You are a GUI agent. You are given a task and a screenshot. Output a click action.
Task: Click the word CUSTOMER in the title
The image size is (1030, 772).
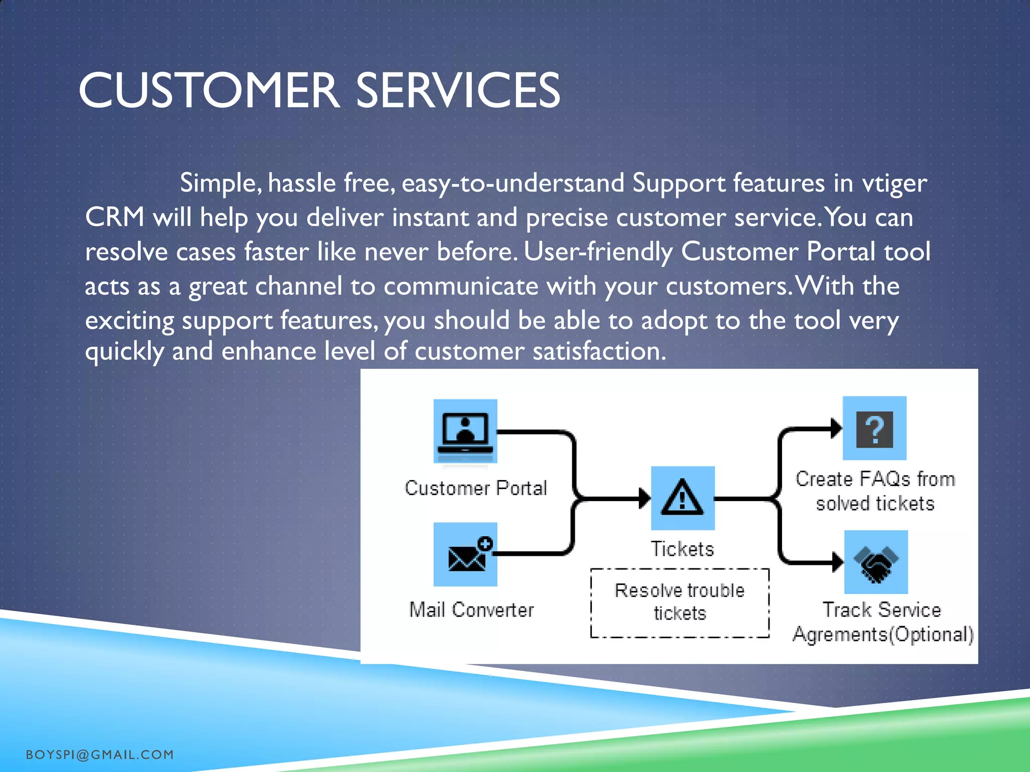[x=209, y=90]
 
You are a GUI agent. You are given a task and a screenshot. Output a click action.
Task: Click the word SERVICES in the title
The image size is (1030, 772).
[x=458, y=90]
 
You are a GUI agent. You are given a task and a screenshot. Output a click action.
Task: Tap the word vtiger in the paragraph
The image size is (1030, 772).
[x=894, y=183]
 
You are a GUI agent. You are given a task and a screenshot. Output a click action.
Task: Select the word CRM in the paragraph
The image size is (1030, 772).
[x=115, y=218]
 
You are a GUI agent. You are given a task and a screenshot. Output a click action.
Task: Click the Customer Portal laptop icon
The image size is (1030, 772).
[x=465, y=431]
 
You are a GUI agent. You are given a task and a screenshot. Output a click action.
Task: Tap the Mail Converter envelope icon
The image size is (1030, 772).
[x=465, y=554]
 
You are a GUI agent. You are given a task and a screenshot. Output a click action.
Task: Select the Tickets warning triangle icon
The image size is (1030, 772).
[x=682, y=498]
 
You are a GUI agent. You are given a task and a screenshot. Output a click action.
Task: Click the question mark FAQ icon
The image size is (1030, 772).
[x=875, y=428]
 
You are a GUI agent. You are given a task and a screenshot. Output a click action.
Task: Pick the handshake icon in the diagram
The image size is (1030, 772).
[x=876, y=562]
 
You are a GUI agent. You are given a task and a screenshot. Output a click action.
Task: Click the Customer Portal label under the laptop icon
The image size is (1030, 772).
[x=476, y=488]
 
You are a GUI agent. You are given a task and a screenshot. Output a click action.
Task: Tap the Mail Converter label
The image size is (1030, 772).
[x=471, y=610]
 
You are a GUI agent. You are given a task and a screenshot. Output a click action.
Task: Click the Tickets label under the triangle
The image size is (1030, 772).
[x=682, y=549]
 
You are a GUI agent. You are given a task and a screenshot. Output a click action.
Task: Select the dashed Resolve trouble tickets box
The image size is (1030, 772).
[x=679, y=603]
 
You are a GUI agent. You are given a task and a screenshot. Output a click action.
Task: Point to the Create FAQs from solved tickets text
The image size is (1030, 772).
[x=875, y=491]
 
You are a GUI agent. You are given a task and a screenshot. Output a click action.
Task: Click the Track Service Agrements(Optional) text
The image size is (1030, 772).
[x=883, y=622]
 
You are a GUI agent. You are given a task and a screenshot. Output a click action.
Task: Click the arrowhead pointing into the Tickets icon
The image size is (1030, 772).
[x=644, y=499]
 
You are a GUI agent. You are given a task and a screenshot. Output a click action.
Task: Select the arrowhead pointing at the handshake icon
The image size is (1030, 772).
[x=837, y=562]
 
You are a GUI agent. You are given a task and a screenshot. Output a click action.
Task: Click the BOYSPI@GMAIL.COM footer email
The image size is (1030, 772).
[x=100, y=754]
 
